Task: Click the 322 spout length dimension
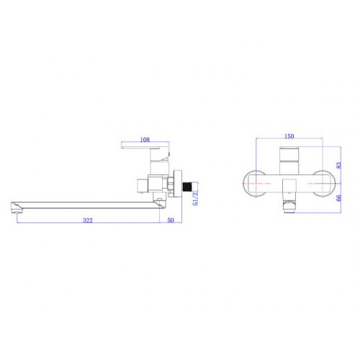[x=88, y=220]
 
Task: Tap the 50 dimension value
[x=171, y=220]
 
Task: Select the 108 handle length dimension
[x=145, y=140]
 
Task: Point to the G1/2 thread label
[x=196, y=198]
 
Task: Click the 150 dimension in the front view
[x=289, y=136]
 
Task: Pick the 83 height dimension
[x=338, y=165]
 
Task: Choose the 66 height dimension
[x=338, y=198]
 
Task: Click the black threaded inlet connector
[x=186, y=187]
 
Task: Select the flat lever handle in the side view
[x=140, y=147]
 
